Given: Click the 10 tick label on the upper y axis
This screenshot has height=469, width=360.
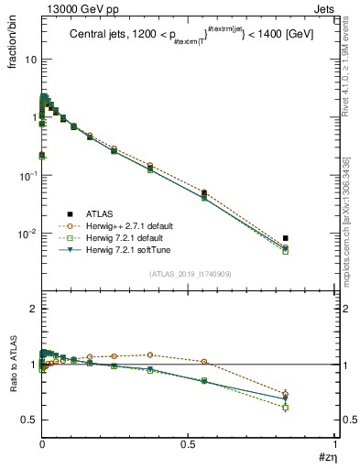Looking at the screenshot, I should point(29,60).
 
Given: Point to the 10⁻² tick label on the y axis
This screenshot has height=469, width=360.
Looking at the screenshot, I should point(27,234).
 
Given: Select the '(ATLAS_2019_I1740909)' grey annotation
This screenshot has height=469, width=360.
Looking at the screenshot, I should point(189,275).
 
